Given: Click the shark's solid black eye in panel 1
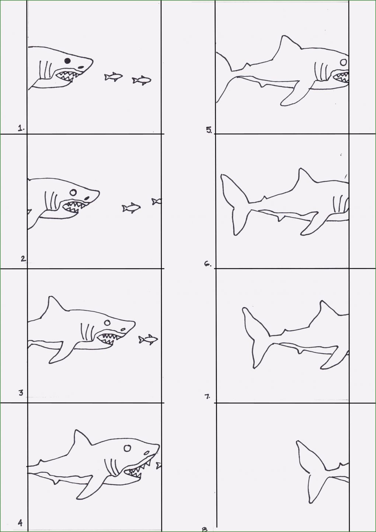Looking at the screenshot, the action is (x=67, y=61).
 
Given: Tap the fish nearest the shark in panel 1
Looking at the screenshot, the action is (x=114, y=76).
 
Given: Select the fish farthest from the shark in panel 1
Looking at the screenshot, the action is (x=142, y=80).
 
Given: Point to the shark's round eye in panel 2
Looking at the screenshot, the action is (x=73, y=192).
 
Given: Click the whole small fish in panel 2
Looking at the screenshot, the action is (x=131, y=208).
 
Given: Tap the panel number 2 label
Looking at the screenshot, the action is (x=23, y=259).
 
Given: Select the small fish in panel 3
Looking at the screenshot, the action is (x=148, y=340).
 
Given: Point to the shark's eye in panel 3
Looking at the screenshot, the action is (x=107, y=323).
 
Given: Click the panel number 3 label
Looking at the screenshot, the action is (x=21, y=393).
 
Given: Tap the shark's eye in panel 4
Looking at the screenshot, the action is (x=127, y=448).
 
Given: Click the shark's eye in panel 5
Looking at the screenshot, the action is (x=344, y=62).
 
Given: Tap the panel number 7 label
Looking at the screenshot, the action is (x=208, y=396).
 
